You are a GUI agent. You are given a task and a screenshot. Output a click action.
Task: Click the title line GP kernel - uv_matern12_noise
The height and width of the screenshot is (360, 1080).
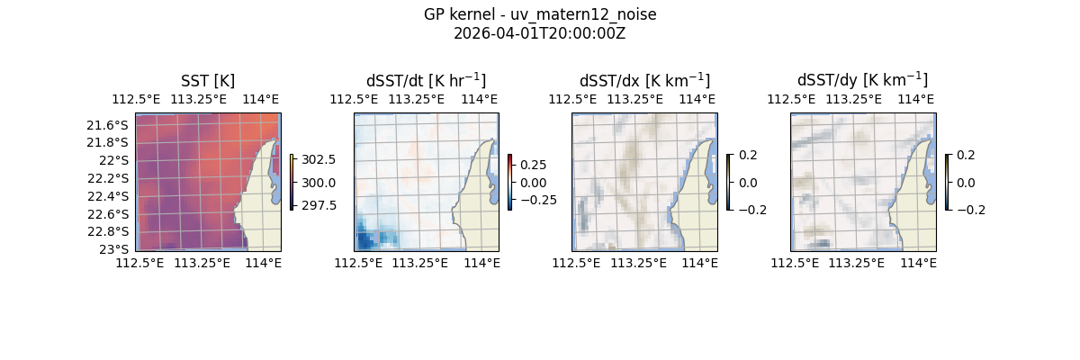tap(540, 14)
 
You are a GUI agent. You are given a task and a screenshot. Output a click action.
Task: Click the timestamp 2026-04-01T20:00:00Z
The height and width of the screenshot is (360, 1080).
tap(540, 33)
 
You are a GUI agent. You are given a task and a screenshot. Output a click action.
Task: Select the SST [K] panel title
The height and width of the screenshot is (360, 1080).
tap(208, 80)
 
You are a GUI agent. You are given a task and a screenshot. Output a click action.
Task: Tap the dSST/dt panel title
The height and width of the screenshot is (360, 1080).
tap(426, 80)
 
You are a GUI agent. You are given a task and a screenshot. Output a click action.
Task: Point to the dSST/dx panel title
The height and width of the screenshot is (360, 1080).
tap(644, 80)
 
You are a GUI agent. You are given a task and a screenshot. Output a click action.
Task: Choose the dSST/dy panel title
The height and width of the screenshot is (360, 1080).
tap(862, 80)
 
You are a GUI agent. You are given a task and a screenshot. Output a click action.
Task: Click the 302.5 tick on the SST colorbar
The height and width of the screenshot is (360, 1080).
tap(319, 159)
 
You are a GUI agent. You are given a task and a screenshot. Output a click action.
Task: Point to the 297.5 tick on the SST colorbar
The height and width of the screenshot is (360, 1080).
tap(319, 205)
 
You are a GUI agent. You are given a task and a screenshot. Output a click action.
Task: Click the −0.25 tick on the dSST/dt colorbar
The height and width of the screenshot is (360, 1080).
tap(536, 200)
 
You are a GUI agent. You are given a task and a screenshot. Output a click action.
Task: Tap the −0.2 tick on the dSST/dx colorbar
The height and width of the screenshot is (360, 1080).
tap(752, 210)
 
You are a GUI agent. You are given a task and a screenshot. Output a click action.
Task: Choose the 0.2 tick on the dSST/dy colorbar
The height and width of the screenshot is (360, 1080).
tap(967, 155)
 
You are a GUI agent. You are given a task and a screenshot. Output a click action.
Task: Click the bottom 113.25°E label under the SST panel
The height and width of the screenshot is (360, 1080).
tap(202, 263)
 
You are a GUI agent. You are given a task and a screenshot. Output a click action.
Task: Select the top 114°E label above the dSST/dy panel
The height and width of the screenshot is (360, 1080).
tap(915, 99)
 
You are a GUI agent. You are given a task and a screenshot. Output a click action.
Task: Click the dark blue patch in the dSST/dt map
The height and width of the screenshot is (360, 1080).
tap(367, 240)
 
